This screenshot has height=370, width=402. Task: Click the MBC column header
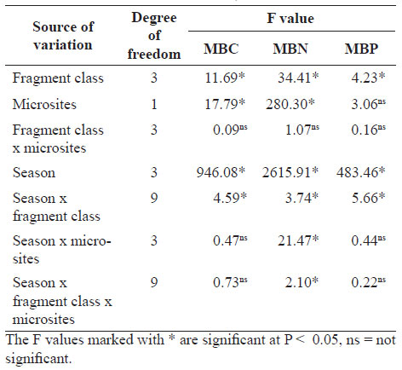click(221, 49)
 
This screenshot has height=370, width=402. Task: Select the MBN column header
click(290, 49)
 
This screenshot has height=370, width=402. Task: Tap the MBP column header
click(361, 49)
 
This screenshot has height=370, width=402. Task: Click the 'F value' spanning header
click(290, 19)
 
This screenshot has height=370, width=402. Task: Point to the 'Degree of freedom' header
click(154, 36)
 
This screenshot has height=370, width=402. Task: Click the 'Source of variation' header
click(63, 36)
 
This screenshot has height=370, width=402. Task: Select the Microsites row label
click(44, 104)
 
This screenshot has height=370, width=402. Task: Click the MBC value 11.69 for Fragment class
click(225, 78)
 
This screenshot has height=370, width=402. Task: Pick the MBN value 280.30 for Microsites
click(290, 104)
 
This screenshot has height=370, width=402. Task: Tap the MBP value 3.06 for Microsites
click(368, 104)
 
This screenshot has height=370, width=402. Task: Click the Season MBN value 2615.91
click(290, 172)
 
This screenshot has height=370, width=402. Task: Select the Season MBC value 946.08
click(221, 172)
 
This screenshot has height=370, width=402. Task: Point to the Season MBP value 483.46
click(360, 172)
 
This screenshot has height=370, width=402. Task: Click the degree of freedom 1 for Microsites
click(154, 104)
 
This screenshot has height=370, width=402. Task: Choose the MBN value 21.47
click(298, 240)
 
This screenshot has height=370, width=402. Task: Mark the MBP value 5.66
click(368, 198)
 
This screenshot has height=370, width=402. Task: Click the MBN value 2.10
click(301, 282)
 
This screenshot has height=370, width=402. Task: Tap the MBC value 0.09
click(230, 130)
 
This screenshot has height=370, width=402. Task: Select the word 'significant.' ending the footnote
click(38, 359)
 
